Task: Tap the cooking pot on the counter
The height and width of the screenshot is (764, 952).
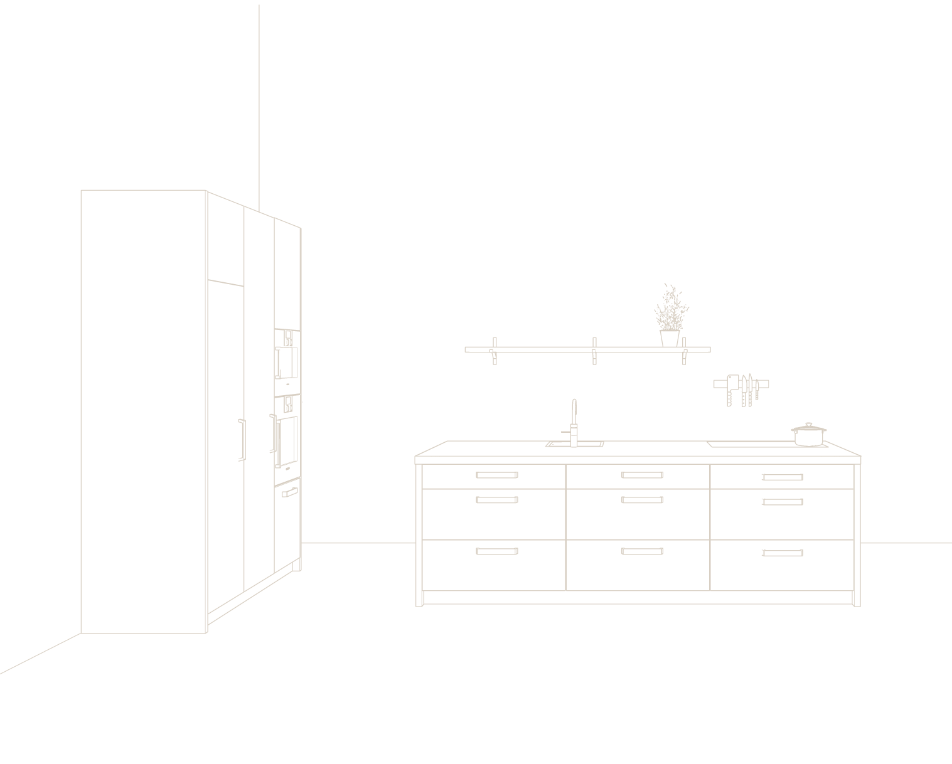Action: pos(809,436)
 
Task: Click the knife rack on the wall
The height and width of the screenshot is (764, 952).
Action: pos(741,385)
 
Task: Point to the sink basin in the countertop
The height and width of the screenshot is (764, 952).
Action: pos(575,444)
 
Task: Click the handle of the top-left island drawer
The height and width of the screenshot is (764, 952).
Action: pos(496,475)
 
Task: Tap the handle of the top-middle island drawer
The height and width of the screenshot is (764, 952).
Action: pos(642,475)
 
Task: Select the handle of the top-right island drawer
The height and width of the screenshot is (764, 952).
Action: pos(783,477)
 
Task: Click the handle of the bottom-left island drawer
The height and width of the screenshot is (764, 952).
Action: pos(496,552)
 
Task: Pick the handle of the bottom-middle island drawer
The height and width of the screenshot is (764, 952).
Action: pos(642,552)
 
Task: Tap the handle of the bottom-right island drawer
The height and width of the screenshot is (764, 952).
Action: pos(783,553)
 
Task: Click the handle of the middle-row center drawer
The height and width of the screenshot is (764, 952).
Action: pos(642,500)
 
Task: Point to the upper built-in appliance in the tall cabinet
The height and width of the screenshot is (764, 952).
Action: pos(287,361)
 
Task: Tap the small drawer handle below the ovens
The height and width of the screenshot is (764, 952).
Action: pos(290,493)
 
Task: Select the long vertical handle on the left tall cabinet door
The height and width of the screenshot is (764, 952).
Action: pos(241,440)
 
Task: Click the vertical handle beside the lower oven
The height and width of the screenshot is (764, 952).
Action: pos(274,433)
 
